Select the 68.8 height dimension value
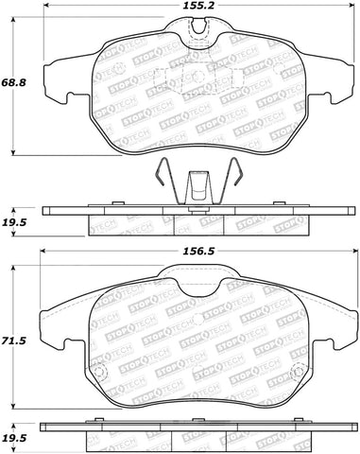click(17, 84)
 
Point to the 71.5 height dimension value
click(17, 338)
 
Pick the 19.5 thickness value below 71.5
click(17, 440)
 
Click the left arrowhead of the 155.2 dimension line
click(43, 16)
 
